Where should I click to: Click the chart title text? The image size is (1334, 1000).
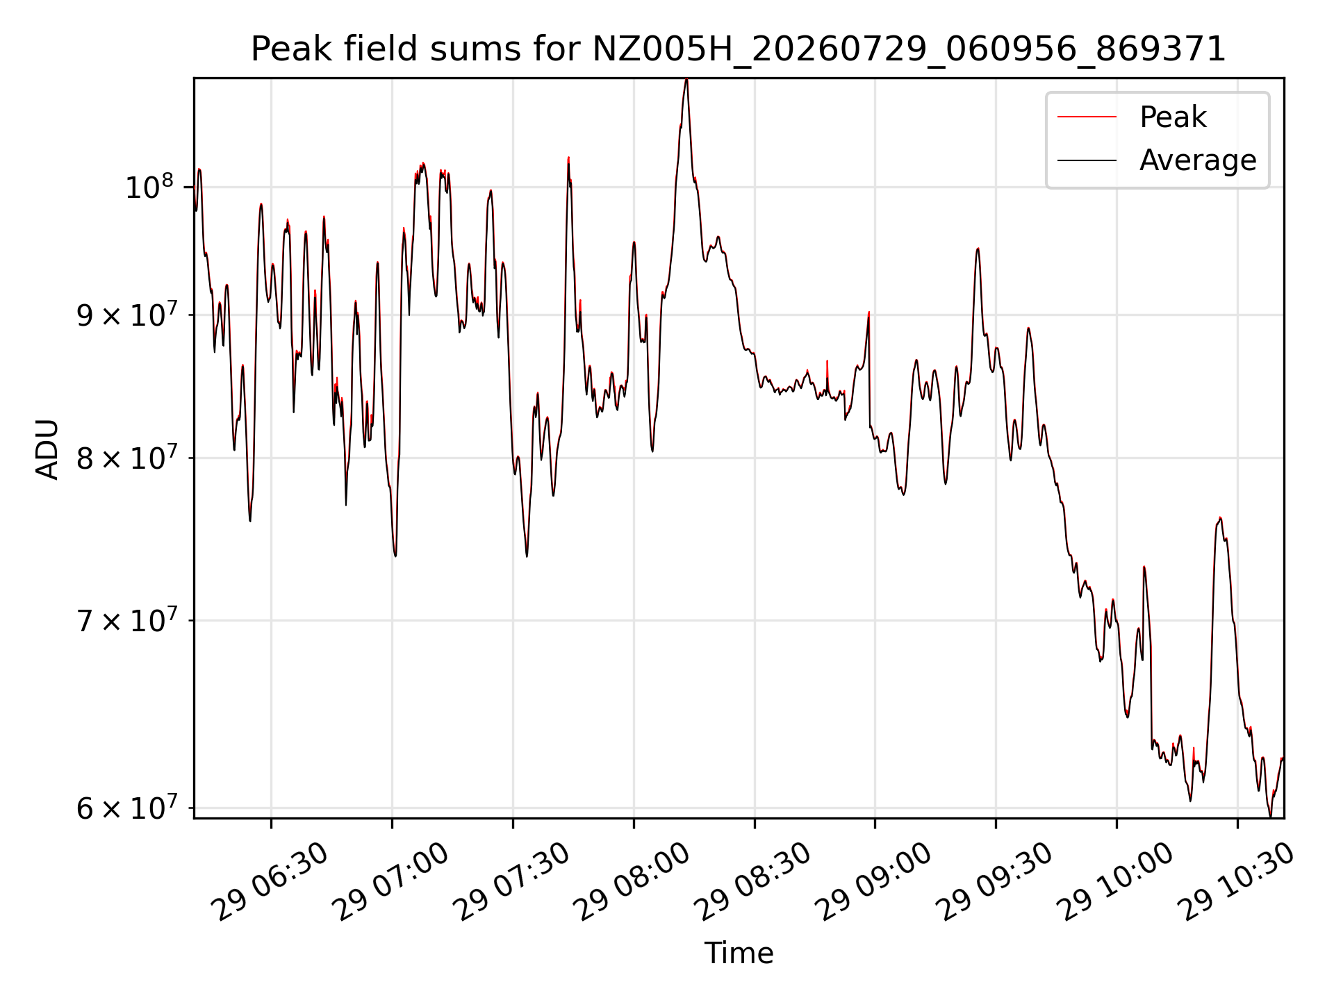click(738, 49)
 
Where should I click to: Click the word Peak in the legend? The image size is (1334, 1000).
click(1173, 117)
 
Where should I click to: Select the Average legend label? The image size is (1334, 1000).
click(1198, 160)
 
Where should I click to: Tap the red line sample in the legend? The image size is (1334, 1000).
click(1087, 117)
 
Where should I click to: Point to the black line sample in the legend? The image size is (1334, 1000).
click(1087, 160)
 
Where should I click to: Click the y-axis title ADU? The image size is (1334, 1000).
click(47, 449)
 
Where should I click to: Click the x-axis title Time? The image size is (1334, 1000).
click(739, 953)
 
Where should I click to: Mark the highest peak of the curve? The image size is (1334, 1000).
click(686, 79)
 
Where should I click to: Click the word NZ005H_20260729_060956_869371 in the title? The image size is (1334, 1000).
click(909, 50)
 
